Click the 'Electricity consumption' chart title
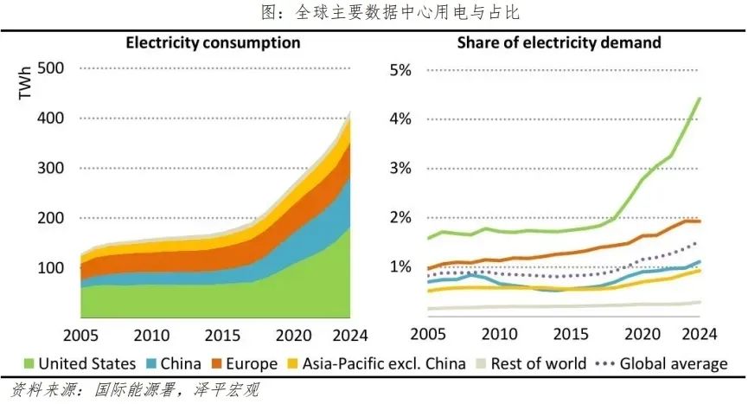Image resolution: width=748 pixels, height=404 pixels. [x=214, y=42]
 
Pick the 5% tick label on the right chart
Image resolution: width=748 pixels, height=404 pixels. [x=400, y=69]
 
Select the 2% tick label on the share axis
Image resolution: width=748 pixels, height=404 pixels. [x=400, y=218]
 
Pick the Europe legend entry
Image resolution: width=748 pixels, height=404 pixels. [x=251, y=364]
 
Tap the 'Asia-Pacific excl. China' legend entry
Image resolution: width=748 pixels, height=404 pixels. [x=382, y=364]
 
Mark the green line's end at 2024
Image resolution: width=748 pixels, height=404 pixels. [x=699, y=99]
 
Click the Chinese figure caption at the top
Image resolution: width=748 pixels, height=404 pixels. [x=374, y=13]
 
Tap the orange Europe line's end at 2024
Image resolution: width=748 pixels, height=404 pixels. [x=699, y=221]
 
